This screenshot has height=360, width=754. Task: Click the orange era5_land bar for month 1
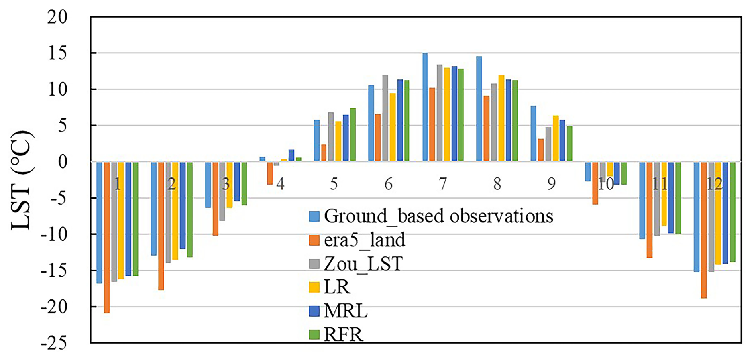click(x=107, y=237)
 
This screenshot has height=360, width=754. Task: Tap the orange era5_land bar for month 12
click(x=704, y=230)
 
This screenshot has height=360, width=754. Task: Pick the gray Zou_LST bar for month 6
click(x=385, y=118)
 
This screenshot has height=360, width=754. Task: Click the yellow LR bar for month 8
click(x=501, y=118)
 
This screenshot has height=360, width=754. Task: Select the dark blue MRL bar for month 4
click(x=291, y=155)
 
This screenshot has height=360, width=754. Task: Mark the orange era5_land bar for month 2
click(x=161, y=226)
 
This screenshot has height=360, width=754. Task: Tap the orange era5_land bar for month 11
click(x=650, y=210)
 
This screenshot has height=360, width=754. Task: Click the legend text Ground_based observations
click(x=438, y=216)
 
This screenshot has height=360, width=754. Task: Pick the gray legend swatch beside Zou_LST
click(x=314, y=264)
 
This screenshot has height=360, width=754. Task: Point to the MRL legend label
click(x=346, y=311)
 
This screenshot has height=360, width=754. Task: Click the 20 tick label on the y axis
click(x=57, y=17)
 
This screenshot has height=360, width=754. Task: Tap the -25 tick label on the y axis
click(x=54, y=343)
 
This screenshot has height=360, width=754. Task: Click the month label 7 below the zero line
click(x=443, y=184)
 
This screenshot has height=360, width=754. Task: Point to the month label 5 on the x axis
click(x=334, y=184)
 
